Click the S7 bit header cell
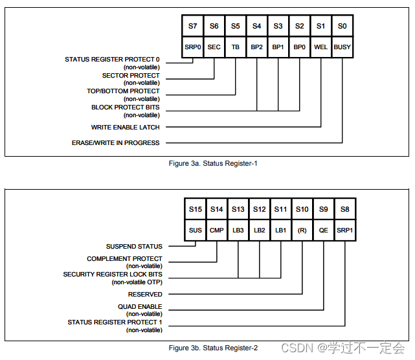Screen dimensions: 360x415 pyautogui.click(x=192, y=27)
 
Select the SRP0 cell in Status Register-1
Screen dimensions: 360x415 pyautogui.click(x=192, y=47)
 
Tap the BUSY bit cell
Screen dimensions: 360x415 pyautogui.click(x=342, y=47)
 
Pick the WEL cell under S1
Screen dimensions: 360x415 pyautogui.click(x=320, y=47)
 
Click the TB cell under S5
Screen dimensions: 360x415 pyautogui.click(x=235, y=47)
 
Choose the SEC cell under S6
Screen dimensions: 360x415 pyautogui.click(x=214, y=47)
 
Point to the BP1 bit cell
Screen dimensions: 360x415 pyautogui.click(x=278, y=47)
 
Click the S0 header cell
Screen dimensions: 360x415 pyautogui.click(x=342, y=27)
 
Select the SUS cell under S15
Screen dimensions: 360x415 pyautogui.click(x=196, y=230)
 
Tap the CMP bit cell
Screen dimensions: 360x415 pyautogui.click(x=216, y=230)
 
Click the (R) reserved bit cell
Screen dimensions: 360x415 pyautogui.click(x=302, y=230)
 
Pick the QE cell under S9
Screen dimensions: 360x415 pyautogui.click(x=323, y=230)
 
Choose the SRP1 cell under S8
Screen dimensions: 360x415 pyautogui.click(x=344, y=230)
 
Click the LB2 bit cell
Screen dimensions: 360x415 pyautogui.click(x=259, y=230)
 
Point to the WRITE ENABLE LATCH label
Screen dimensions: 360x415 pyautogui.click(x=125, y=127)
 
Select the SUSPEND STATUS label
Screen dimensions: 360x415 pyautogui.click(x=134, y=246)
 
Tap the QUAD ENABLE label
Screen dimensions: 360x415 pyautogui.click(x=139, y=307)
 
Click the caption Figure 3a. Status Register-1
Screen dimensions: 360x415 pyautogui.click(x=213, y=164)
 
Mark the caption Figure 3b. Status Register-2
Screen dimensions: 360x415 pyautogui.click(x=213, y=348)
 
